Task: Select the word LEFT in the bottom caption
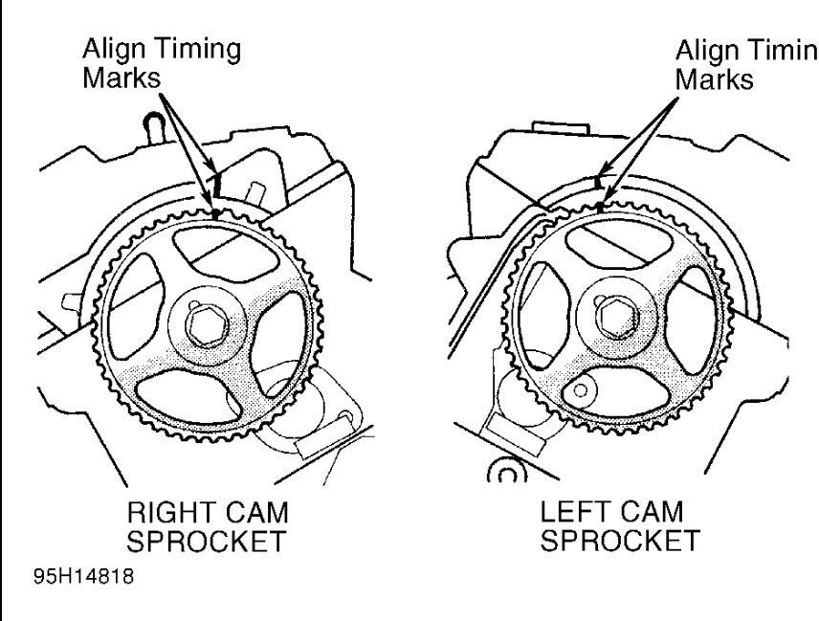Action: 569,516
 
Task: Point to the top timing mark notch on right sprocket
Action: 217,212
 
